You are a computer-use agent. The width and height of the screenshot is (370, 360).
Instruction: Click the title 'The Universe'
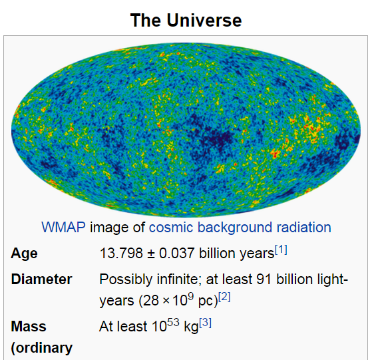click(x=186, y=20)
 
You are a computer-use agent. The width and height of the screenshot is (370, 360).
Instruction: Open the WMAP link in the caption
click(x=63, y=228)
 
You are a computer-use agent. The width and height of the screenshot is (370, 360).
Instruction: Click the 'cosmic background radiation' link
click(x=240, y=228)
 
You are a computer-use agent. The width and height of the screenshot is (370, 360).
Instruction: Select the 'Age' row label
click(x=25, y=254)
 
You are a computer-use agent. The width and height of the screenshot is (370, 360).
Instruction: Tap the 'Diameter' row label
click(x=41, y=279)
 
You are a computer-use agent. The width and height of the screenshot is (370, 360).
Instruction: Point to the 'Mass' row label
click(x=29, y=327)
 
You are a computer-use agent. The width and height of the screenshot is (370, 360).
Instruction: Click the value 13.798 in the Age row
click(x=121, y=253)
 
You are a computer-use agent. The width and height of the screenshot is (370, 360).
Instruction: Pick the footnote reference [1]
click(x=281, y=250)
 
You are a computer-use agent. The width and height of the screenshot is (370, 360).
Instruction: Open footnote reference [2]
click(x=224, y=297)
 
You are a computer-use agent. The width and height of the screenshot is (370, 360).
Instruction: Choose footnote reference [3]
click(x=205, y=323)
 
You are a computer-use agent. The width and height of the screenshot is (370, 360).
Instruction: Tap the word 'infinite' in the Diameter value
click(x=178, y=279)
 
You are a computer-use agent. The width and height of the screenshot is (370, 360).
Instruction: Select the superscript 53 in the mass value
click(x=173, y=322)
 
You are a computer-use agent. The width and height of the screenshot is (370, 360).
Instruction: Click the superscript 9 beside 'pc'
click(x=191, y=296)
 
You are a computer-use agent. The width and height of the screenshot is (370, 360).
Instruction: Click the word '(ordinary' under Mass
click(x=42, y=348)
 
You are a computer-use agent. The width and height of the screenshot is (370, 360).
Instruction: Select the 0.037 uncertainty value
click(x=177, y=253)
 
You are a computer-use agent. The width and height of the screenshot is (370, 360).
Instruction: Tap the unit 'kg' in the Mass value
click(x=191, y=327)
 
